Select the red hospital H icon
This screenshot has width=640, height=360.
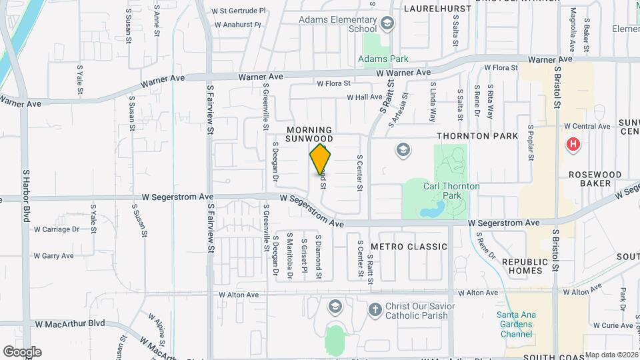(x=572, y=144)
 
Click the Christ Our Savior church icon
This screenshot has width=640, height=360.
(x=375, y=309)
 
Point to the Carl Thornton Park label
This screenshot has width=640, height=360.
(x=451, y=191)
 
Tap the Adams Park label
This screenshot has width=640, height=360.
(x=377, y=59)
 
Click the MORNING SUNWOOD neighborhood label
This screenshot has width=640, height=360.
(x=309, y=134)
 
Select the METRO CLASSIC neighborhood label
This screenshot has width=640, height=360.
(x=409, y=247)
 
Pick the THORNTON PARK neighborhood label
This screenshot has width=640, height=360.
(x=477, y=136)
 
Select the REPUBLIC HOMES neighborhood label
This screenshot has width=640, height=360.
(x=529, y=267)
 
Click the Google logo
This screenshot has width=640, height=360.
(x=22, y=352)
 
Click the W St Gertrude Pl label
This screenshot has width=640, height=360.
(x=238, y=11)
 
